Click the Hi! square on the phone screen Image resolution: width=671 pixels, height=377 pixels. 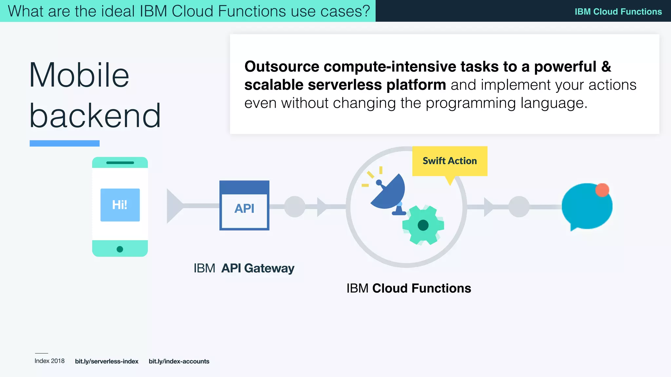click(120, 205)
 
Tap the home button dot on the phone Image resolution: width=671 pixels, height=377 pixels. click(120, 249)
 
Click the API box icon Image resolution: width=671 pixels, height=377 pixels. click(244, 206)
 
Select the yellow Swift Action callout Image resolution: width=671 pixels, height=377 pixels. click(450, 161)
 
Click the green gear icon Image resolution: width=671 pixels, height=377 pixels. click(423, 225)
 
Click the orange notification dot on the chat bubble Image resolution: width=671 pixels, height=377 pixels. click(602, 190)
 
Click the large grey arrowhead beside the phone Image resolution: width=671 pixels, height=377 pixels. click(174, 206)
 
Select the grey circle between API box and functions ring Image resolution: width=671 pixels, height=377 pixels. click(295, 206)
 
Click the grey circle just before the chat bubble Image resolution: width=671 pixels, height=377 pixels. click(519, 206)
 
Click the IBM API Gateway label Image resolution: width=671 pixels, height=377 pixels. click(244, 268)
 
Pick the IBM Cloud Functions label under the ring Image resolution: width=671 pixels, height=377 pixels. click(409, 288)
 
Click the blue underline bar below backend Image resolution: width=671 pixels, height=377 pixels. click(65, 143)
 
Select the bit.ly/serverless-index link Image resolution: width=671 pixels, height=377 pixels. click(106, 361)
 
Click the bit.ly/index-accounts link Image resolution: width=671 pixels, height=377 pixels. click(179, 361)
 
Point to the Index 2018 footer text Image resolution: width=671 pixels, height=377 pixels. click(49, 361)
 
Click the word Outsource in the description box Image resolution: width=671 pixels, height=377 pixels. click(281, 67)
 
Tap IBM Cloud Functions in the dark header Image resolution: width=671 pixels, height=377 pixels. click(618, 11)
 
